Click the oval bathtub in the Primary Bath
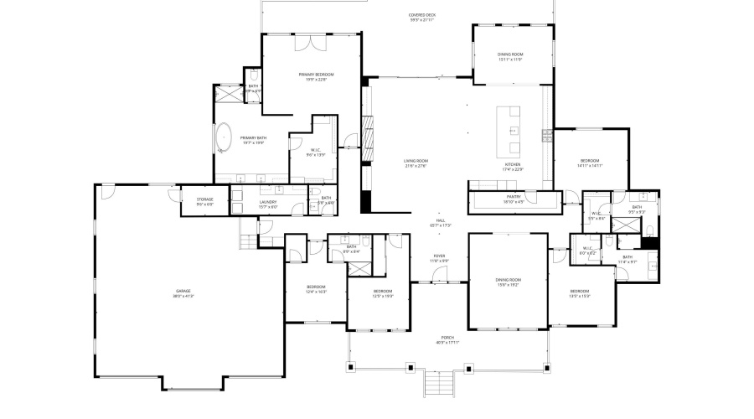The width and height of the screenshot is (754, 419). coord(225,138)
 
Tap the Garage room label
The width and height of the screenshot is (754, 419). coord(183,293)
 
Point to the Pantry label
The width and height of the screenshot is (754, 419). coord(514,199)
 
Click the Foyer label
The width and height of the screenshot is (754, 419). coord(439,258)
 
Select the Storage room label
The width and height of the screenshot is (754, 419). coord(205,201)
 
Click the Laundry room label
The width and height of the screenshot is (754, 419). coord(268,203)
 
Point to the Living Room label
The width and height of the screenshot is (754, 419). coord(416,163)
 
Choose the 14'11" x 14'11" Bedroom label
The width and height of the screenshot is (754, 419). coord(590,163)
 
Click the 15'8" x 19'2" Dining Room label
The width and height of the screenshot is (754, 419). coord(509,282)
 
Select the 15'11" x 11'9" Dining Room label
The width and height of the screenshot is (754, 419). coord(510,57)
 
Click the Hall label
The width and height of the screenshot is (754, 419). coord(440,223)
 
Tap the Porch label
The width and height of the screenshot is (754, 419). coord(448,339)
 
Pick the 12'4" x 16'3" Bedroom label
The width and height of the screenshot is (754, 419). coord(317,289)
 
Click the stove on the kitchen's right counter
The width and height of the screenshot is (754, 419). coord(546,133)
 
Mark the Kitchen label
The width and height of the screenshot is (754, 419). coord(514,167)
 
